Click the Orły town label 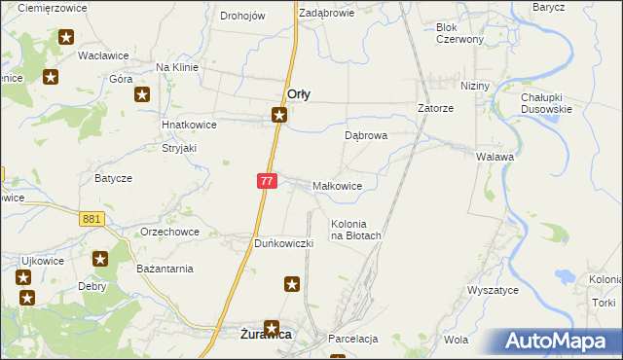pyautogui.click(x=299, y=94)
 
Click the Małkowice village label pyautogui.click(x=338, y=186)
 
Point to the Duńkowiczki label pyautogui.click(x=283, y=243)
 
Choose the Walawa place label pyautogui.click(x=495, y=156)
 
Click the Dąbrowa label pyautogui.click(x=366, y=136)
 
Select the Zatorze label pyautogui.click(x=436, y=109)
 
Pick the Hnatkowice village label pyautogui.click(x=189, y=126)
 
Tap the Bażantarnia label pyautogui.click(x=165, y=269)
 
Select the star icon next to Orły pyautogui.click(x=279, y=116)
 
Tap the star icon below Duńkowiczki pyautogui.click(x=292, y=284)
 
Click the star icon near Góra pyautogui.click(x=142, y=94)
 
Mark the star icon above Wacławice pyautogui.click(x=66, y=38)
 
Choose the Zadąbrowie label pyautogui.click(x=326, y=14)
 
